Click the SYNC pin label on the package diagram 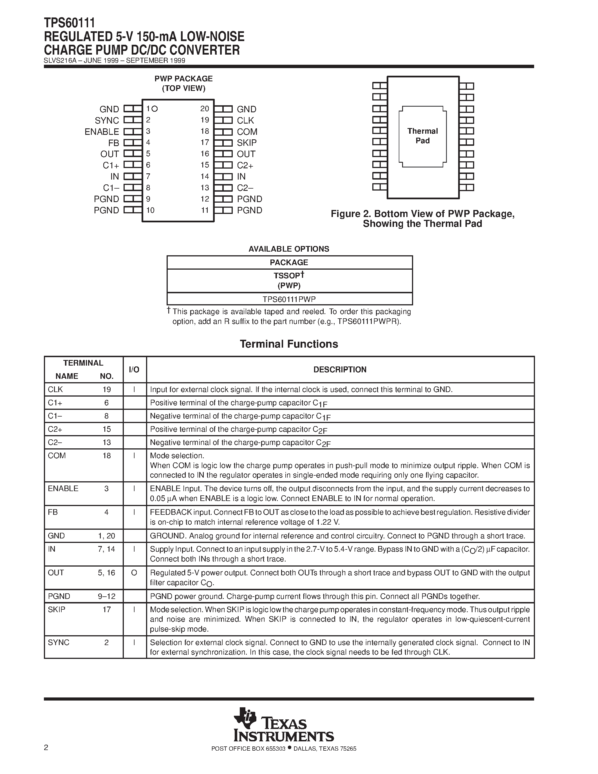pyautogui.click(x=107, y=120)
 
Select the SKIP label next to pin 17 pyautogui.click(x=247, y=143)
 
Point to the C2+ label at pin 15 pyautogui.click(x=245, y=165)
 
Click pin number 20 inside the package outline pyautogui.click(x=205, y=109)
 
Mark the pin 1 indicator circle pyautogui.click(x=154, y=109)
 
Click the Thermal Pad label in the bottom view pyautogui.click(x=422, y=136)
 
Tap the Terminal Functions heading pyautogui.click(x=289, y=344)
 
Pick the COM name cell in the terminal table pyautogui.click(x=57, y=456)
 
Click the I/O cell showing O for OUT pyautogui.click(x=134, y=573)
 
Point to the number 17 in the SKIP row pyautogui.click(x=107, y=610)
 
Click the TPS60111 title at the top pyautogui.click(x=70, y=23)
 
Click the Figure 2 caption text pyautogui.click(x=422, y=219)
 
